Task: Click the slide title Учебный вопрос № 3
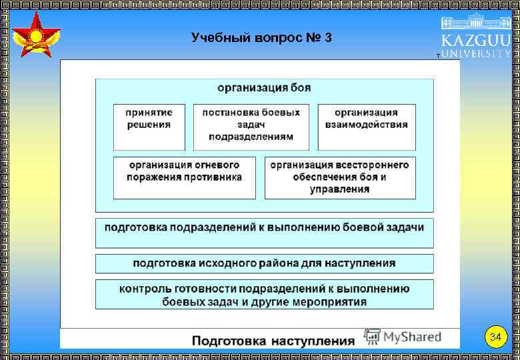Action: click(x=261, y=37)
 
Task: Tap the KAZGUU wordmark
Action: click(x=475, y=39)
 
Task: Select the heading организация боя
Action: click(x=264, y=87)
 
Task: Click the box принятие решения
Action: click(x=149, y=127)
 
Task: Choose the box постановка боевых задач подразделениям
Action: click(x=251, y=127)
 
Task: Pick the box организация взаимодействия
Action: click(x=366, y=127)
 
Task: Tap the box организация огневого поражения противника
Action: click(x=184, y=177)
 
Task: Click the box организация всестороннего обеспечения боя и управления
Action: click(x=339, y=177)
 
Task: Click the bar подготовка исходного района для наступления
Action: click(x=264, y=263)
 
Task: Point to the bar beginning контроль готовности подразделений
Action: click(x=264, y=294)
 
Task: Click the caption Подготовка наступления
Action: click(x=273, y=341)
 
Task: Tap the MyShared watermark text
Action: click(x=411, y=337)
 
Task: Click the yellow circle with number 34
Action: click(x=495, y=337)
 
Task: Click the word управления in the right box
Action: click(x=339, y=189)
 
